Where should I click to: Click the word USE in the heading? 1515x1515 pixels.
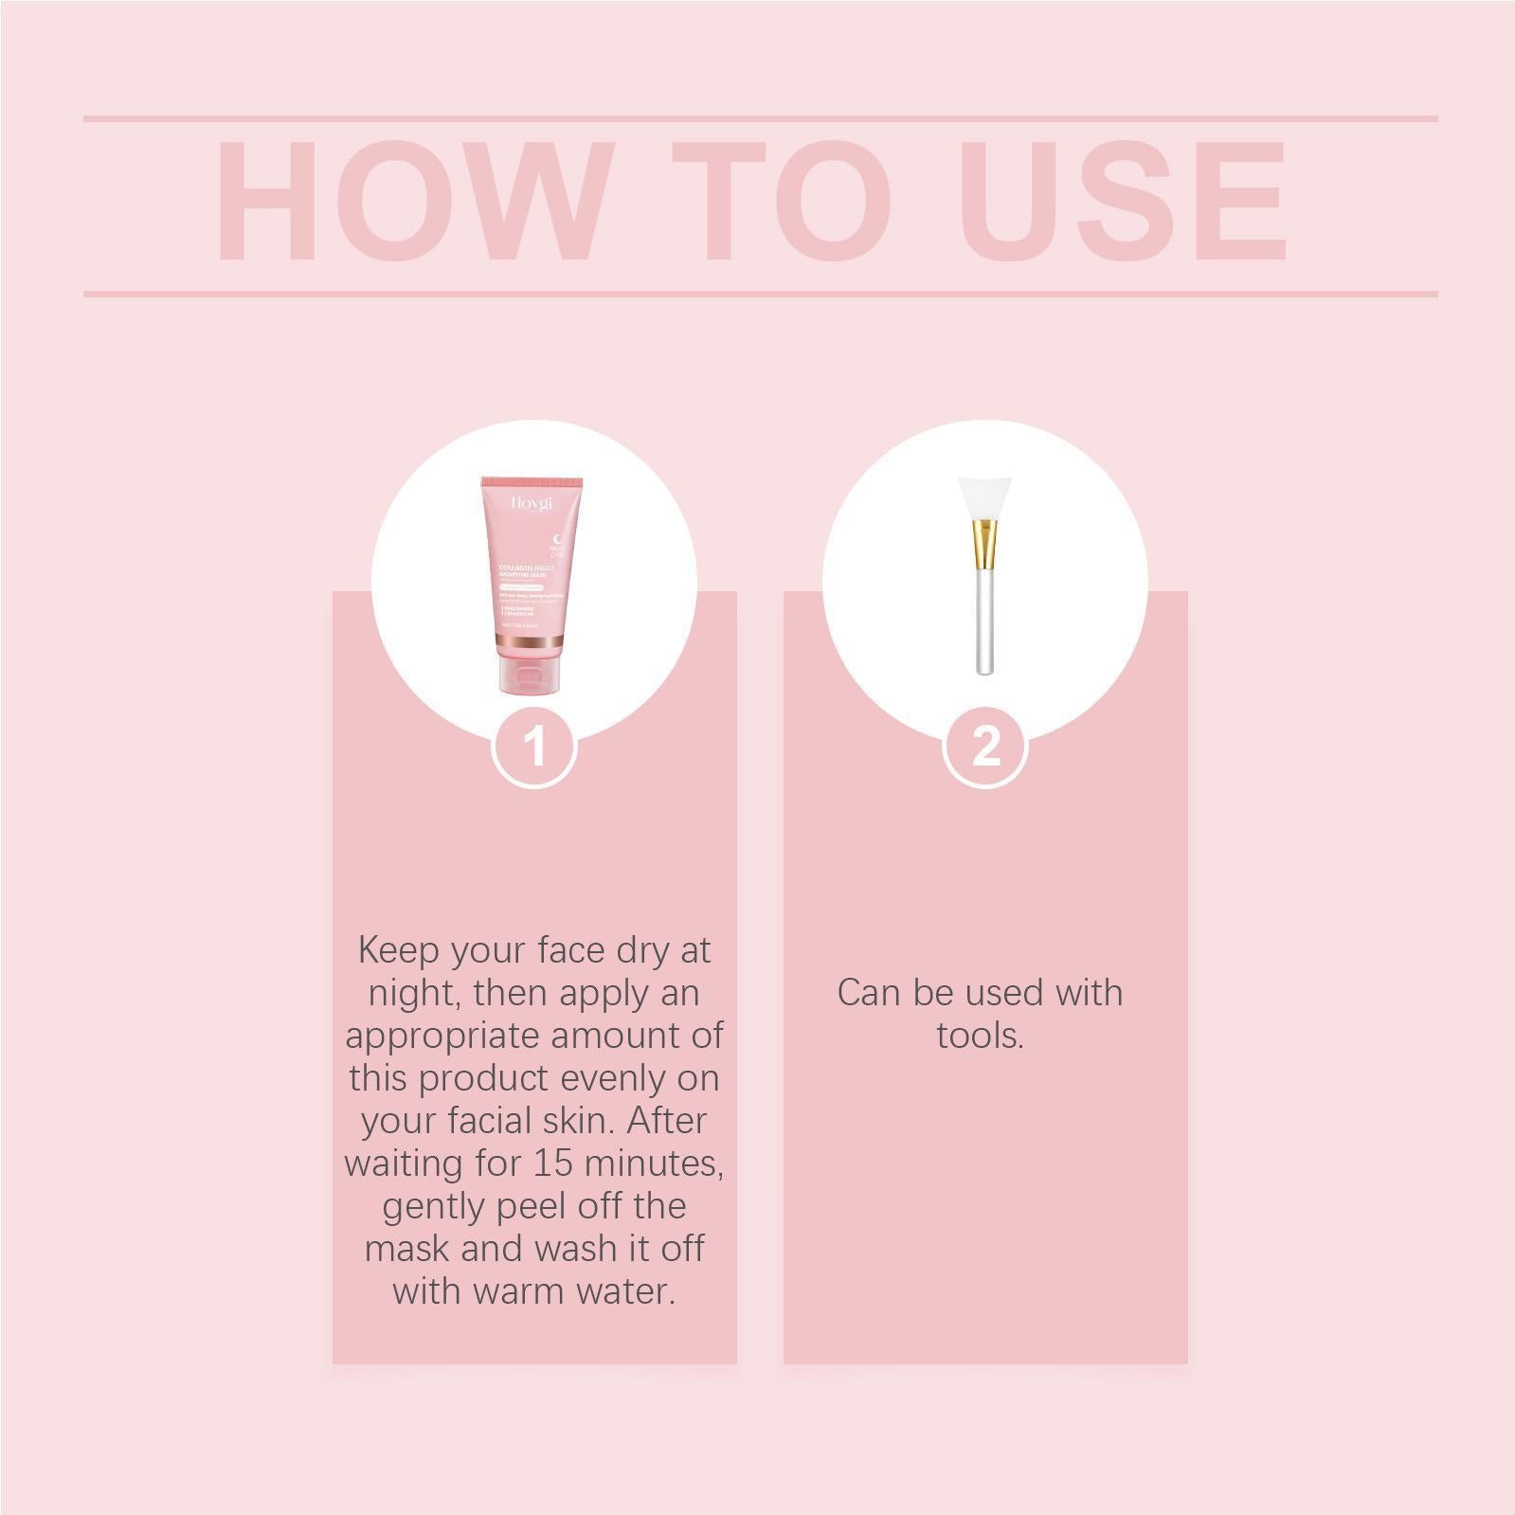[x=1127, y=201]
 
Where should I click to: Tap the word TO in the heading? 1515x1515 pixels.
[x=783, y=201]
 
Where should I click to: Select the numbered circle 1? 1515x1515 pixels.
[x=535, y=747]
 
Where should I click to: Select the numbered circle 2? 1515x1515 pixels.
[x=986, y=747]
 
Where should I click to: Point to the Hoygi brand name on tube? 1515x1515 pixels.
[x=532, y=503]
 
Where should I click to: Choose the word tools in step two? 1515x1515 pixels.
[x=980, y=1036]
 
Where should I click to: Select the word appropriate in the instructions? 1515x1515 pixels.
[x=442, y=1036]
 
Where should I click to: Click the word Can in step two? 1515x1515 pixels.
[x=869, y=993]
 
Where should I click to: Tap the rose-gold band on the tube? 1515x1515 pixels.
[x=532, y=646]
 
